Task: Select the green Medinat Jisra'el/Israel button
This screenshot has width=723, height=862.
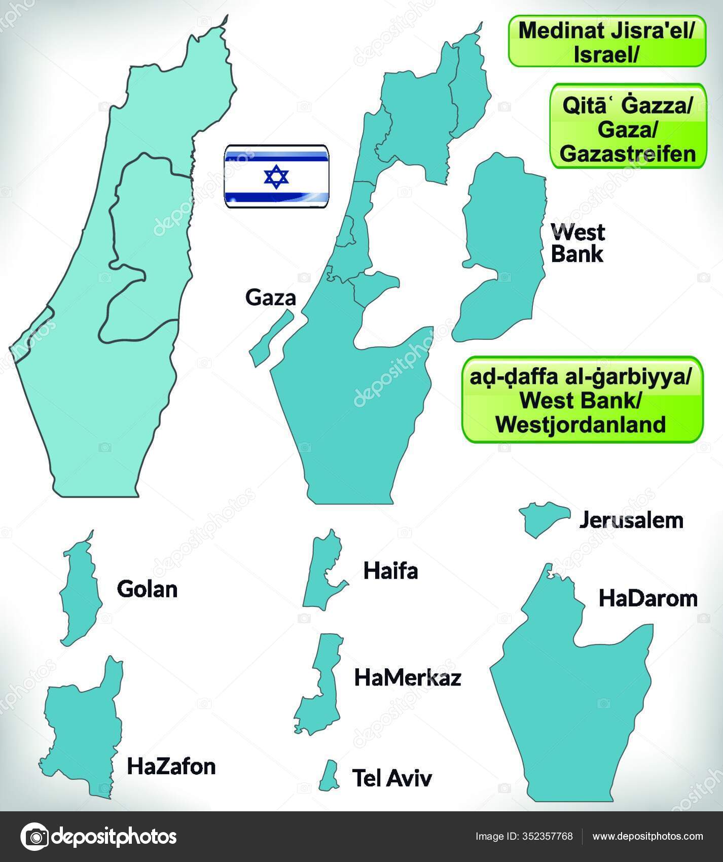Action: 607,41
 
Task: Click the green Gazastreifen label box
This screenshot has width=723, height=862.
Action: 628,126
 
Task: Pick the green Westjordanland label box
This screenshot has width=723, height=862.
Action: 582,400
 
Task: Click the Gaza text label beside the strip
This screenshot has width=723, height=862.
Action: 270,298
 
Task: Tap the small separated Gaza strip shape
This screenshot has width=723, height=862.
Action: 271,337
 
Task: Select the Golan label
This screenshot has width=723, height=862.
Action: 147,589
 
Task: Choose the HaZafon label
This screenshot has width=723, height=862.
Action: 171,767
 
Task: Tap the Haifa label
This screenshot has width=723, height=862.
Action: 390,571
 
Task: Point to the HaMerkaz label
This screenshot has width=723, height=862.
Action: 408,677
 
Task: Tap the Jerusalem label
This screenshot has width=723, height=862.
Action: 631,520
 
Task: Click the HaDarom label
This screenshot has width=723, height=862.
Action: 648,598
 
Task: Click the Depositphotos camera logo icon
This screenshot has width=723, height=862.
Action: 34,836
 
